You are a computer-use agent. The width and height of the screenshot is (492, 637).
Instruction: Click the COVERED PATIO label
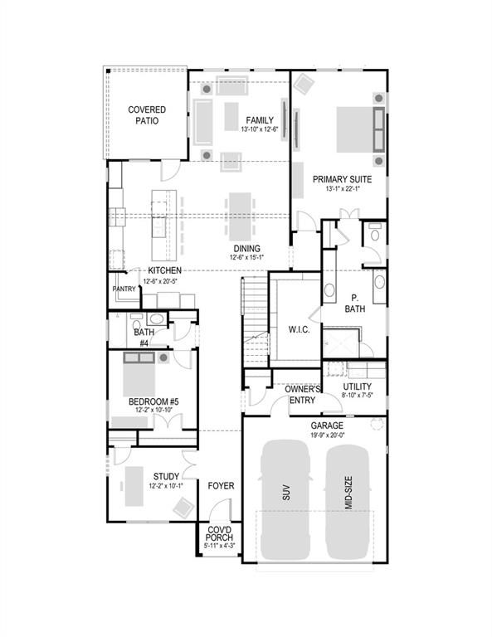pyautogui.click(x=146, y=114)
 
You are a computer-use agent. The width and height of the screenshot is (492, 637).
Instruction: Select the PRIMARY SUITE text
pyautogui.click(x=341, y=178)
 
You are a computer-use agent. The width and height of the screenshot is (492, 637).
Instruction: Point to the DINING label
pyautogui.click(x=246, y=248)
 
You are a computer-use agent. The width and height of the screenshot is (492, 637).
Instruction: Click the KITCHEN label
pyautogui.click(x=165, y=271)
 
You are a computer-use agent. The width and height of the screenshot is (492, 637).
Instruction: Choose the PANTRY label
pyautogui.click(x=124, y=289)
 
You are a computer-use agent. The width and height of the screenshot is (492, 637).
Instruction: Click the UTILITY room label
pyautogui.click(x=358, y=387)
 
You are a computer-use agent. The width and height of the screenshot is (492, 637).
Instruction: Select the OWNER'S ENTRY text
pyautogui.click(x=303, y=394)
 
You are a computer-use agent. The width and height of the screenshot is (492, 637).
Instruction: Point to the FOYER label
pyautogui.click(x=220, y=485)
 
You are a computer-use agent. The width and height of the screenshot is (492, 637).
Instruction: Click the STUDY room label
pyautogui.click(x=166, y=476)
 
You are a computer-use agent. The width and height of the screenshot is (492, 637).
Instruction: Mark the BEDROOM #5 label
pyautogui.click(x=153, y=401)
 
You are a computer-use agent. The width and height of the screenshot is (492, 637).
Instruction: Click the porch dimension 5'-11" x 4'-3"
pyautogui.click(x=220, y=546)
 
